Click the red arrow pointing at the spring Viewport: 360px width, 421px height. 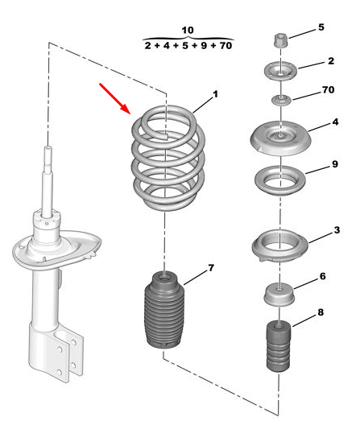point(115,98)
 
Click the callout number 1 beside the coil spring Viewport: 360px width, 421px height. point(215,94)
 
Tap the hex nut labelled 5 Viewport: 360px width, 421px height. point(281,41)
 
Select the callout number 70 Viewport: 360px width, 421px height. point(328,89)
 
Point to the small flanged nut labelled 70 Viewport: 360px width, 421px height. point(281,101)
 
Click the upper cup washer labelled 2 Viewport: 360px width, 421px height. point(280,71)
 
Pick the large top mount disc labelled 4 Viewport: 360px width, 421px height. point(280,138)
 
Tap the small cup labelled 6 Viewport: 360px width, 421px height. point(279,295)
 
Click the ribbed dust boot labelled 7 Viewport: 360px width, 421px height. point(164,312)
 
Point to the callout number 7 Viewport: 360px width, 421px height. point(211,268)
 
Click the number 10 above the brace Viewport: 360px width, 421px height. point(188,30)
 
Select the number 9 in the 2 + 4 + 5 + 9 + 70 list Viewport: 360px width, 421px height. point(204,46)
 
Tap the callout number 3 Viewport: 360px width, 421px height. point(337,230)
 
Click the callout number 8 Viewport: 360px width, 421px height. point(321,312)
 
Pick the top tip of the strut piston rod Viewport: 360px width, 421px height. point(48,147)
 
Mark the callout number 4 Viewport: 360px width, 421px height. point(335,122)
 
